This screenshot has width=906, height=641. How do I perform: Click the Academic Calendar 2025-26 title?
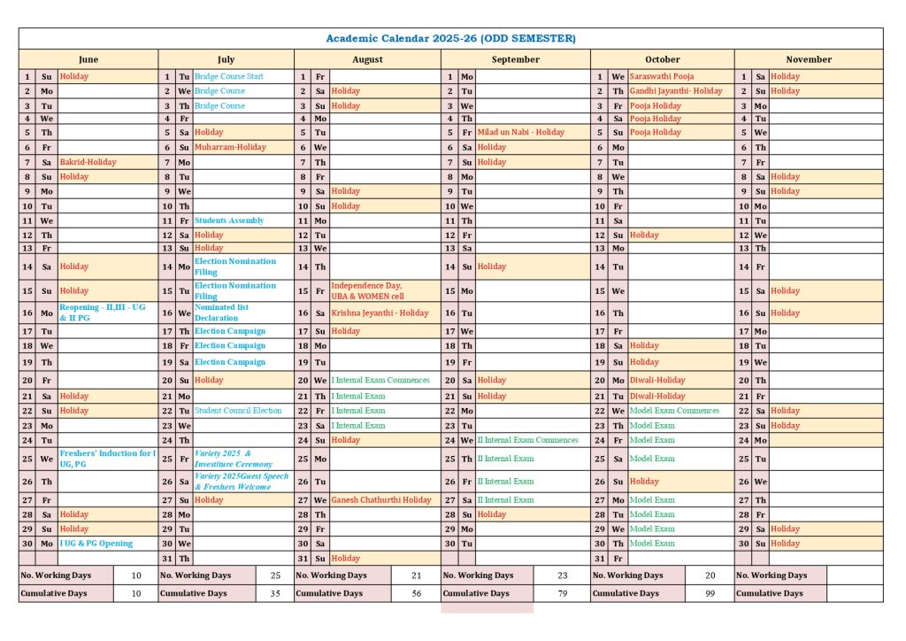coord(450,38)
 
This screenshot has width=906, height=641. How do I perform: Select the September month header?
coord(515,59)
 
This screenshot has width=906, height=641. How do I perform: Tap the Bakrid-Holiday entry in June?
coord(88,162)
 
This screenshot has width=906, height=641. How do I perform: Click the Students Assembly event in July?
coord(229,220)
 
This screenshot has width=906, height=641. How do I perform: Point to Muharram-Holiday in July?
coord(230,147)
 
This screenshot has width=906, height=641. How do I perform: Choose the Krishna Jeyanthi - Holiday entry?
coord(380,313)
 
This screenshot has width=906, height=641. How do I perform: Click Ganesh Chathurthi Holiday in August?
coord(381,500)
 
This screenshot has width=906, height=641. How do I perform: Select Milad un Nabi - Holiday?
coord(520,132)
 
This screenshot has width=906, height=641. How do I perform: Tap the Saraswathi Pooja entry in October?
coord(661,76)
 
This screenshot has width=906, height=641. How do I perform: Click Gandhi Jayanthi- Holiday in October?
coord(676,91)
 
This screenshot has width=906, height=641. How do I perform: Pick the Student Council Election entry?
coord(238,411)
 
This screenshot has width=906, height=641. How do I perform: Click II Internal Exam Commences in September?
coord(527,440)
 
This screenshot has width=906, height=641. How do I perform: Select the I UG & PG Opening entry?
coord(96,544)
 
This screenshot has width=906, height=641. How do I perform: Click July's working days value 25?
coord(274,575)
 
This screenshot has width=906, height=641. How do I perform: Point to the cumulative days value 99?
coord(710,593)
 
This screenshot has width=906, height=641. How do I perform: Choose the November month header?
coord(809,59)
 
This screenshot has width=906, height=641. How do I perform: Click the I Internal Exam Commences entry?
coord(380,380)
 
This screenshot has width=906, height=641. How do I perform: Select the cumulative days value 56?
coord(416,593)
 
